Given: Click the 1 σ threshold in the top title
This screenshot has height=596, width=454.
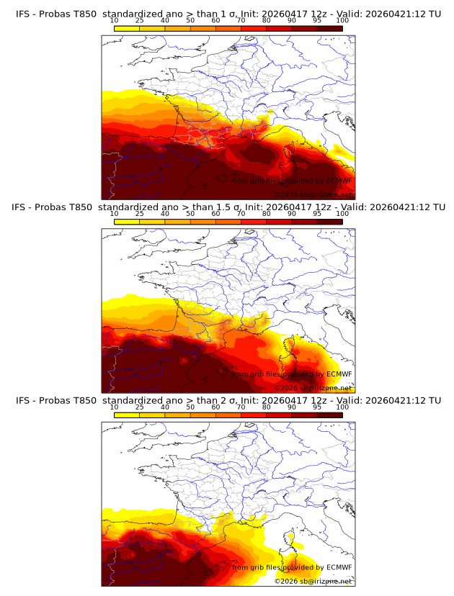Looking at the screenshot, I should (x=231, y=13).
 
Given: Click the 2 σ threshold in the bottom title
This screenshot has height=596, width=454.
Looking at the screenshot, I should (x=231, y=400).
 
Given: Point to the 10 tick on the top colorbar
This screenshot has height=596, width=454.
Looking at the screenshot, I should (x=115, y=20).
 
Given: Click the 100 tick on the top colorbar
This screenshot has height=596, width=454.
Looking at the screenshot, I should (x=342, y=20).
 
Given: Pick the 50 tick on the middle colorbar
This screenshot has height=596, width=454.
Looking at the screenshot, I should (x=190, y=214).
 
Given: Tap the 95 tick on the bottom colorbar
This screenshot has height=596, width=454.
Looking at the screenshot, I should (x=317, y=407).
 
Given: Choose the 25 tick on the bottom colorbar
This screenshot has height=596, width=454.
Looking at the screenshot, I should (x=140, y=407).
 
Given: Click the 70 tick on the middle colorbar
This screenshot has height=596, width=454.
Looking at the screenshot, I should (x=241, y=214).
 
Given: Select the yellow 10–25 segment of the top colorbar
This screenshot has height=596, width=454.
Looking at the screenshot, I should (x=127, y=28).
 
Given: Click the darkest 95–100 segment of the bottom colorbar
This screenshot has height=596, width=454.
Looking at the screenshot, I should (x=329, y=415).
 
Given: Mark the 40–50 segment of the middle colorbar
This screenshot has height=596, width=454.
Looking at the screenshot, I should (x=177, y=222).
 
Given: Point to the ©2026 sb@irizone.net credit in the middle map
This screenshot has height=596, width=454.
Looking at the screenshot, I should (x=314, y=388).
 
